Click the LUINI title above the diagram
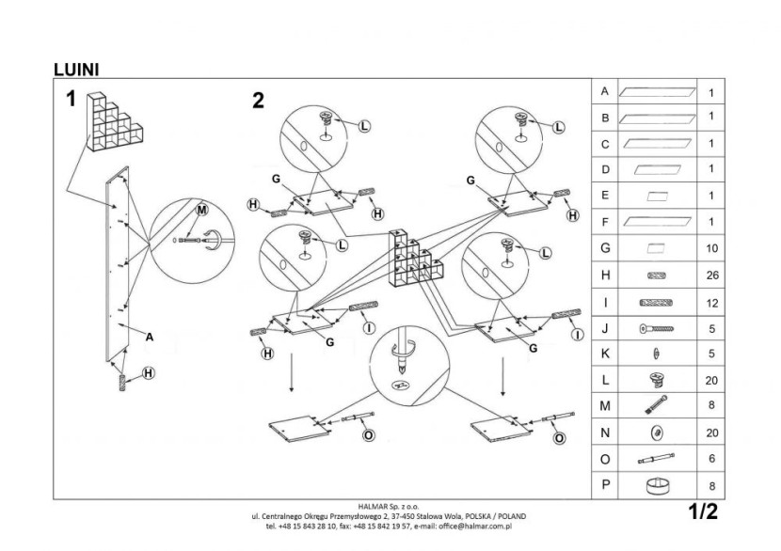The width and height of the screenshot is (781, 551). [76, 70]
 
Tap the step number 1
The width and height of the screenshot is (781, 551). [72, 99]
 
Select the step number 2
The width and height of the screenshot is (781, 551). [258, 101]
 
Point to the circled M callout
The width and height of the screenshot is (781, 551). [201, 210]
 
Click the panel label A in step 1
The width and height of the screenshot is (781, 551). [150, 337]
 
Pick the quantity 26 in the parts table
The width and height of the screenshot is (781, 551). [712, 275]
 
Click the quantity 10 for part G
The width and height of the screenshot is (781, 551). [712, 248]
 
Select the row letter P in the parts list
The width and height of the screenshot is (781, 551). [606, 484]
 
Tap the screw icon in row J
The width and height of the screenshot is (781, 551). [657, 328]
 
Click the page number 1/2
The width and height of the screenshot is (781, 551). [703, 512]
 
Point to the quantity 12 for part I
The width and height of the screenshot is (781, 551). [712, 303]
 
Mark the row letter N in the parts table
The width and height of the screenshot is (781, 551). [605, 433]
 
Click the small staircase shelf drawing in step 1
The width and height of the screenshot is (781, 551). [115, 121]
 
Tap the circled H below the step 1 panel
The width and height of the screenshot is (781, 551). [149, 372]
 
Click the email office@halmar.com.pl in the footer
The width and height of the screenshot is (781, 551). [475, 526]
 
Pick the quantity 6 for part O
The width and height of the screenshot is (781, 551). [712, 459]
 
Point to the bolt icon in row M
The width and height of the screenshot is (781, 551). [656, 405]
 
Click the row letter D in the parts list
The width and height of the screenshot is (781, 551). [605, 170]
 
